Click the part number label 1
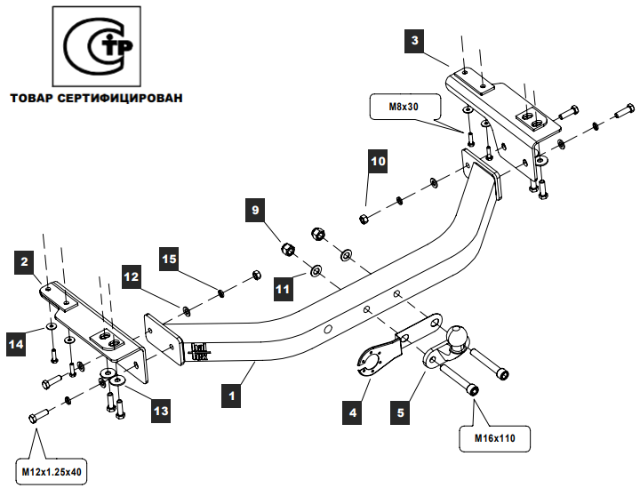(231, 396)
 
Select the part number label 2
(25, 261)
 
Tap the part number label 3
(415, 40)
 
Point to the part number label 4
(352, 412)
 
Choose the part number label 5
(400, 412)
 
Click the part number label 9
(255, 210)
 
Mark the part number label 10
(378, 161)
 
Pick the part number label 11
(284, 289)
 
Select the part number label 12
(131, 277)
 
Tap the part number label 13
(161, 411)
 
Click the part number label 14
(16, 344)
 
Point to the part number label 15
(169, 259)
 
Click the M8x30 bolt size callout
(405, 107)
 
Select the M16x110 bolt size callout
(495, 438)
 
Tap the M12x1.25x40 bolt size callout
(52, 473)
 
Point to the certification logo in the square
(97, 46)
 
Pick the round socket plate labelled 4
(370, 360)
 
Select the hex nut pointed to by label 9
(288, 249)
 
